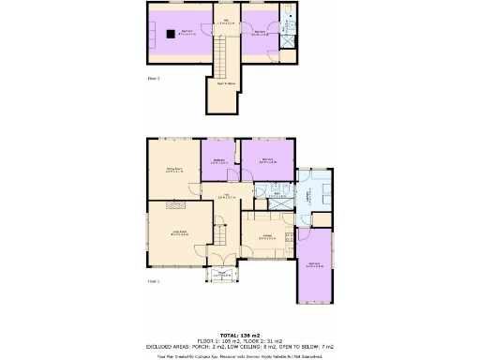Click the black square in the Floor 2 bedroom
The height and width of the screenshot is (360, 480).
(x=169, y=34)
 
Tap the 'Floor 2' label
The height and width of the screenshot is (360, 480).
(x=155, y=78)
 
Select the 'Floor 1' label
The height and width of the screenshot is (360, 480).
(x=153, y=280)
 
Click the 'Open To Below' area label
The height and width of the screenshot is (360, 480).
(x=225, y=82)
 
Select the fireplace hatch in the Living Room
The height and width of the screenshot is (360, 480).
(x=174, y=202)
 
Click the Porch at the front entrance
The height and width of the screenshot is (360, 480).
(x=223, y=274)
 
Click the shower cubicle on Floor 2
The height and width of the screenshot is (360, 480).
(x=290, y=38)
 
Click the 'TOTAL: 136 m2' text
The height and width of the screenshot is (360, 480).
(x=239, y=335)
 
